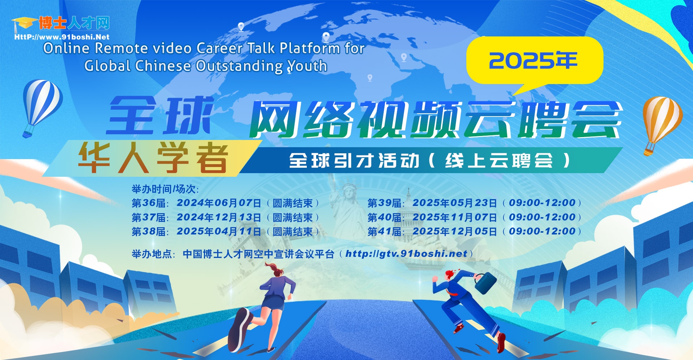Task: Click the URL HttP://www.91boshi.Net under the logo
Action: pyautogui.click(x=62, y=37)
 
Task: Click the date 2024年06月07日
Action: pyautogui.click(x=219, y=203)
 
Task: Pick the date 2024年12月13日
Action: pyautogui.click(x=219, y=217)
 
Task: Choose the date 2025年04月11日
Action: pyautogui.click(x=219, y=231)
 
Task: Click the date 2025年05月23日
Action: pyautogui.click(x=455, y=203)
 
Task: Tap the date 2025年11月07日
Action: pyautogui.click(x=455, y=217)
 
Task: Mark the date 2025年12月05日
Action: pyautogui.click(x=455, y=231)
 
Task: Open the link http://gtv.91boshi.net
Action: pyautogui.click(x=406, y=254)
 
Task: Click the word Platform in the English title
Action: pyautogui.click(x=310, y=48)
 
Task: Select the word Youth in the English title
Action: pyautogui.click(x=307, y=66)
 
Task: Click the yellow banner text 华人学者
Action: pyautogui.click(x=153, y=158)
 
